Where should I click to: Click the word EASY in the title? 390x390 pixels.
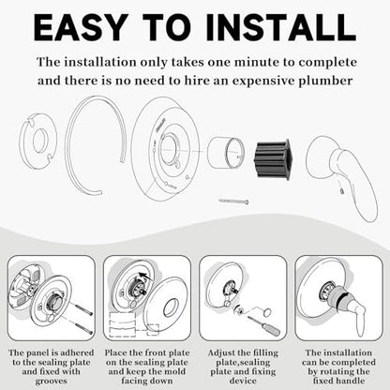80,27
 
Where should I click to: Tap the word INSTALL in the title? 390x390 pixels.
281,27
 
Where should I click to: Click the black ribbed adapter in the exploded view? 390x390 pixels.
272,159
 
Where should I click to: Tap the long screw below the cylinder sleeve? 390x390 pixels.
233,202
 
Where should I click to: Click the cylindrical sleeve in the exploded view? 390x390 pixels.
226,153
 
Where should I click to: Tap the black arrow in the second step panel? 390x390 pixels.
145,277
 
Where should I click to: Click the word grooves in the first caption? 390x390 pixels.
51,381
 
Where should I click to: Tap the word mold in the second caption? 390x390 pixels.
174,371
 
